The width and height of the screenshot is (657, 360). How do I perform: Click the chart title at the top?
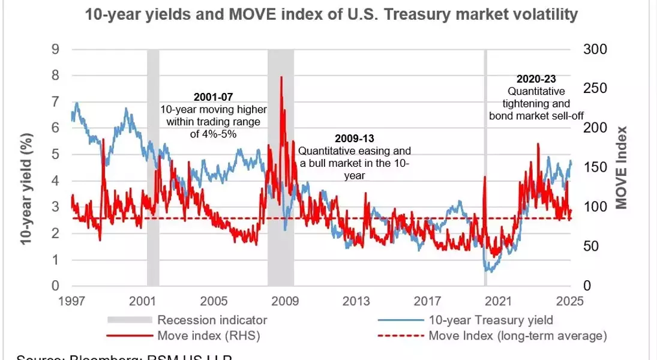pyautogui.click(x=332, y=15)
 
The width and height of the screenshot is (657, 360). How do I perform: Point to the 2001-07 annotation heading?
pyautogui.click(x=213, y=97)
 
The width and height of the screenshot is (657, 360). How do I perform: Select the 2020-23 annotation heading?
pyautogui.click(x=536, y=79)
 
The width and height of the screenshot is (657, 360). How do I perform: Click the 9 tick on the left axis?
pyautogui.click(x=55, y=49)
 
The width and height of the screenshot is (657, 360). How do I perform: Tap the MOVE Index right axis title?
pyautogui.click(x=622, y=168)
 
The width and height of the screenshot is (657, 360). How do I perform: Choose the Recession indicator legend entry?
pyautogui.click(x=212, y=320)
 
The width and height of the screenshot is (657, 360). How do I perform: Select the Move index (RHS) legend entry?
pyautogui.click(x=208, y=335)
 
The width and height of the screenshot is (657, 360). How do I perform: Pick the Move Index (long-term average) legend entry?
pyautogui.click(x=517, y=335)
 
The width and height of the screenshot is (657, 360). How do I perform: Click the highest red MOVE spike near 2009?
pyautogui.click(x=281, y=78)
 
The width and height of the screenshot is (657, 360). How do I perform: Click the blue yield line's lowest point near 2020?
pyautogui.click(x=490, y=271)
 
